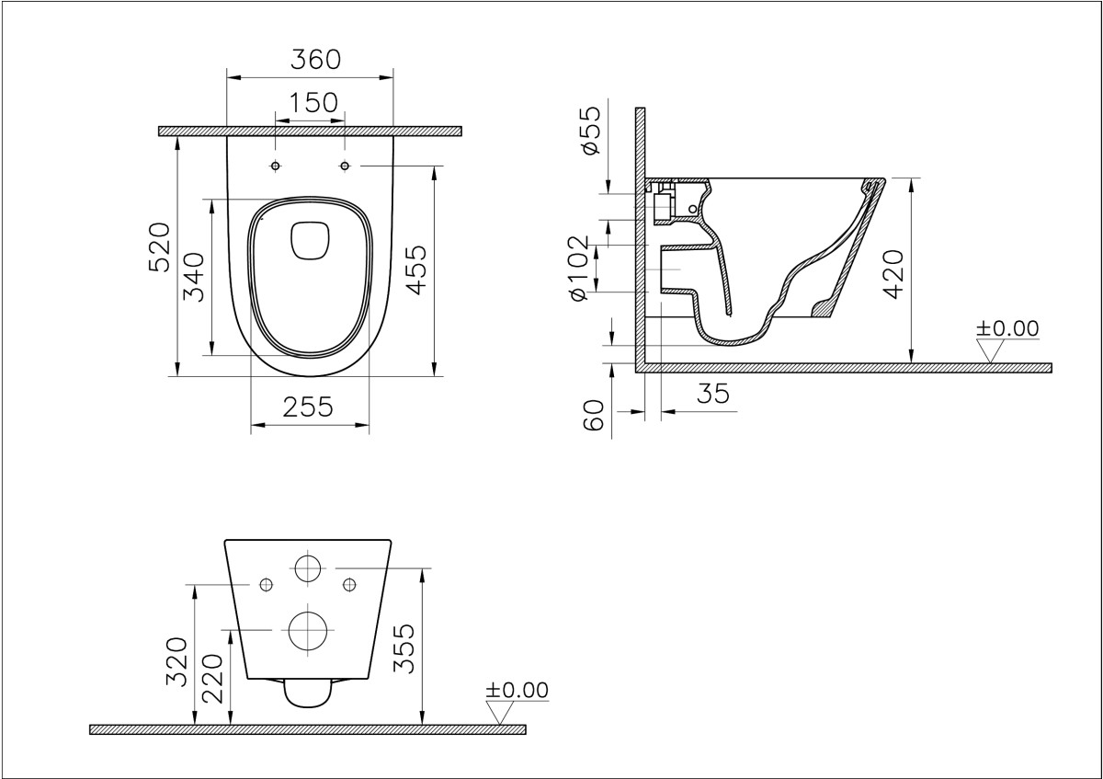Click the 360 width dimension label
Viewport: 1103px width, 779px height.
click(315, 59)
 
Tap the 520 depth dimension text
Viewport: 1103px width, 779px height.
click(159, 246)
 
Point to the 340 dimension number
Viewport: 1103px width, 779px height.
click(192, 277)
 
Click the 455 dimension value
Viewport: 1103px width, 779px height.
click(416, 269)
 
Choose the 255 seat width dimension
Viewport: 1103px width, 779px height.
click(307, 407)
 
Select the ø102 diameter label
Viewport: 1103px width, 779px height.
click(578, 268)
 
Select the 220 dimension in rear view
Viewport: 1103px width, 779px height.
click(212, 678)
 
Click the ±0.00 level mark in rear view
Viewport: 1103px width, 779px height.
click(517, 690)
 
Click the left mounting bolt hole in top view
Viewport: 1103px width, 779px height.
click(275, 166)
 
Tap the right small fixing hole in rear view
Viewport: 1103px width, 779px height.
click(348, 584)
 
